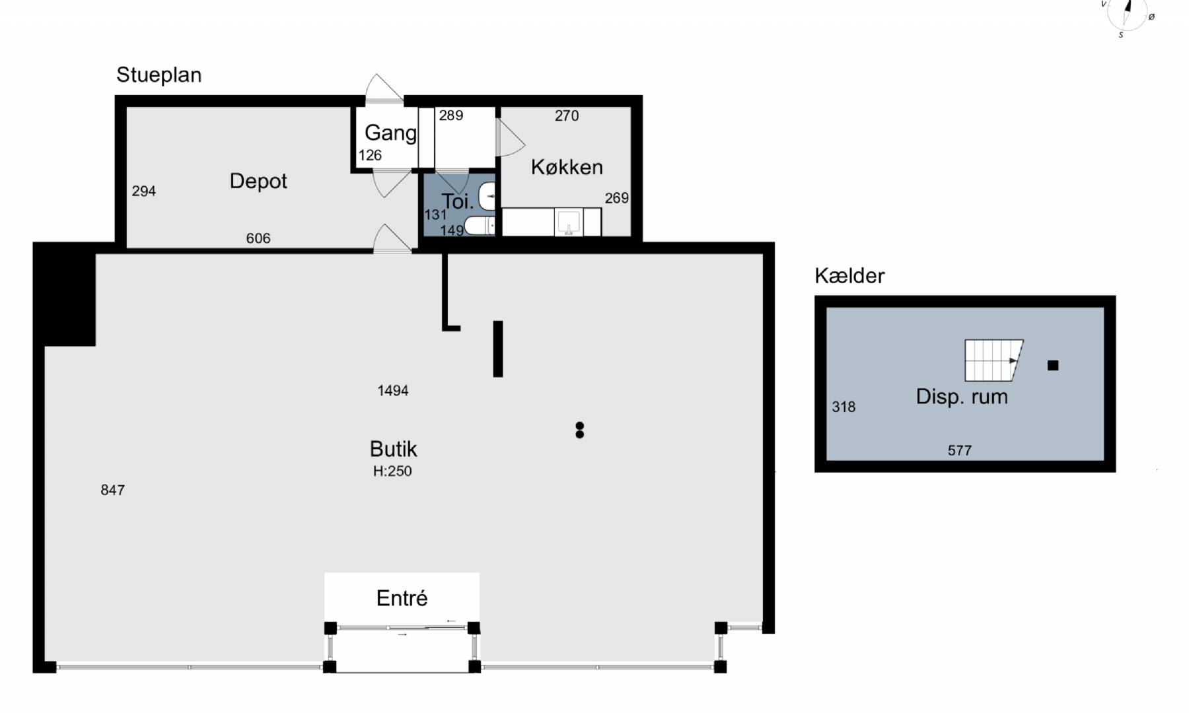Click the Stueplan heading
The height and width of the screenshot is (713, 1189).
pyautogui.click(x=159, y=75)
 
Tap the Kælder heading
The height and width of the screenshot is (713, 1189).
pyautogui.click(x=849, y=276)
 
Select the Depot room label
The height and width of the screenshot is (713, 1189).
pyautogui.click(x=258, y=182)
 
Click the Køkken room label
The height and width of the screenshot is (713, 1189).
pyautogui.click(x=567, y=167)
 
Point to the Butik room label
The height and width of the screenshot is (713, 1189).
pyautogui.click(x=393, y=449)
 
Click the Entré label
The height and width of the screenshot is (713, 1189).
pyautogui.click(x=402, y=598)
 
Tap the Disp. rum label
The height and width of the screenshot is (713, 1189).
pyautogui.click(x=962, y=397)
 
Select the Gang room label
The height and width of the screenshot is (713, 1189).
pyautogui.click(x=390, y=133)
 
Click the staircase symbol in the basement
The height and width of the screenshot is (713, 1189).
pyautogui.click(x=993, y=360)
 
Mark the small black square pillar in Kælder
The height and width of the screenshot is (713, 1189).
pyautogui.click(x=1053, y=365)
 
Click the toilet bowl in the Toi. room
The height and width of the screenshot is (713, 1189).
pyautogui.click(x=480, y=226)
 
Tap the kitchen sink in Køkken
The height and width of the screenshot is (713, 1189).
pyautogui.click(x=568, y=222)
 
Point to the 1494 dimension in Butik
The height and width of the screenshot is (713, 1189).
pyautogui.click(x=393, y=391)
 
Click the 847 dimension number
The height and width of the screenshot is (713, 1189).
pyautogui.click(x=112, y=490)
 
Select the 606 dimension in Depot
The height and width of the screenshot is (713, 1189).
pyautogui.click(x=258, y=238)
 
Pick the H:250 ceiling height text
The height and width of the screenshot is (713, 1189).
pyautogui.click(x=392, y=471)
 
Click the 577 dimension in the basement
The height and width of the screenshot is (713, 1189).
pyautogui.click(x=960, y=450)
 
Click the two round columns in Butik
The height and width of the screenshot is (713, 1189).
pyautogui.click(x=580, y=430)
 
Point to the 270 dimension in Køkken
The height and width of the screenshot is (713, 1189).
pyautogui.click(x=567, y=116)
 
